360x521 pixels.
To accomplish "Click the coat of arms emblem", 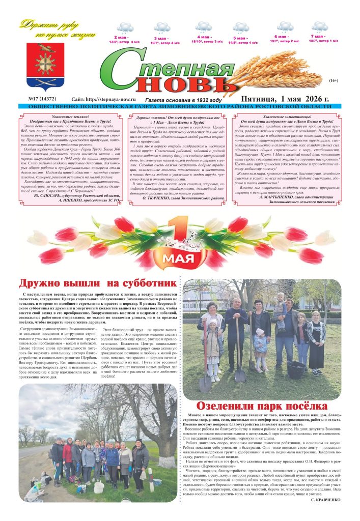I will pos(48,65).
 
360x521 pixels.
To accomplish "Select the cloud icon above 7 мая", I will pos(319,26).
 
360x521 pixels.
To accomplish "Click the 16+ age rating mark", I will pos(334,81).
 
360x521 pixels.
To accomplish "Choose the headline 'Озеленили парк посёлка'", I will pos(262,406).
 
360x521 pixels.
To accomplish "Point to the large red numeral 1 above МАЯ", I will pos(178,235).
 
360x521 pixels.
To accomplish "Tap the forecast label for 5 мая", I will pos(242,40).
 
